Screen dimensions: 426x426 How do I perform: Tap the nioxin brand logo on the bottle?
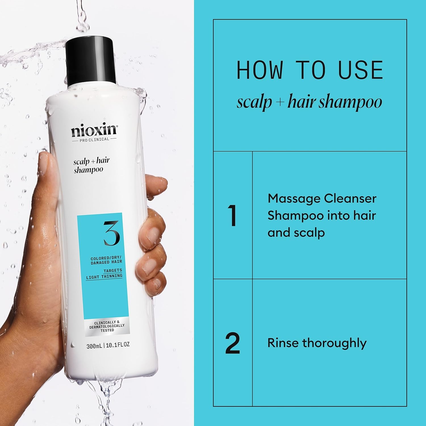tap(94, 130)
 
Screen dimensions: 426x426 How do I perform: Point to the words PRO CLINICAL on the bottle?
tap(94, 139)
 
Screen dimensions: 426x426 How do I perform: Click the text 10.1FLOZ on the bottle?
tap(118, 345)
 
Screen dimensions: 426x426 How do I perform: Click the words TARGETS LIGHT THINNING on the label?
tap(105, 273)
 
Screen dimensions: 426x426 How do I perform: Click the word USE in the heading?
tap(361, 70)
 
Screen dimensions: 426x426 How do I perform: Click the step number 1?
tap(232, 216)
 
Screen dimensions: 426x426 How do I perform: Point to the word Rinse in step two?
tap(283, 343)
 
